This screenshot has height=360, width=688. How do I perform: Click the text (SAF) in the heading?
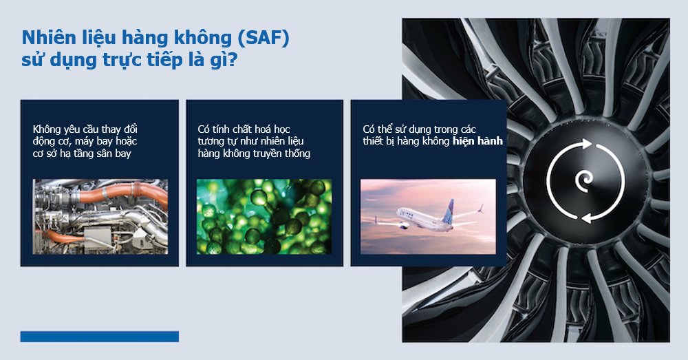click(x=264, y=39)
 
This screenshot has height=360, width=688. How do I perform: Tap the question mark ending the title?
click(x=233, y=59)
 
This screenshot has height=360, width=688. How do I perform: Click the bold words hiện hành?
click(x=477, y=141)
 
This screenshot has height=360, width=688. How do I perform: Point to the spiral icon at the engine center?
click(x=584, y=181)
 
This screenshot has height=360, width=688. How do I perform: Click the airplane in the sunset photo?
click(x=429, y=215)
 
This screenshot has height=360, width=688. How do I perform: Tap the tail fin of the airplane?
click(x=449, y=210)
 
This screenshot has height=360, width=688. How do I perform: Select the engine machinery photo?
click(x=100, y=216)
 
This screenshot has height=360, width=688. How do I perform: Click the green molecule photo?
click(x=264, y=216)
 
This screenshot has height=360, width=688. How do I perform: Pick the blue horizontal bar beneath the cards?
click(x=100, y=337)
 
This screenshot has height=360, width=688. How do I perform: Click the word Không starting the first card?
click(x=47, y=129)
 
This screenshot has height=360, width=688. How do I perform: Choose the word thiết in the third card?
click(x=373, y=141)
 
